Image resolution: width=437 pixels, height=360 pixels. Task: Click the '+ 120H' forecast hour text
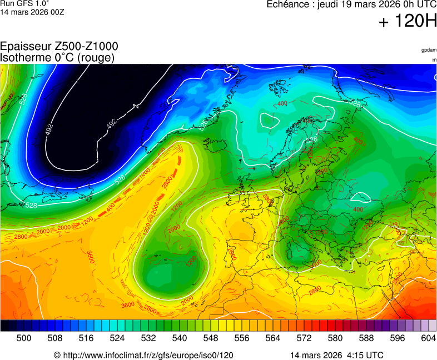tap(408, 22)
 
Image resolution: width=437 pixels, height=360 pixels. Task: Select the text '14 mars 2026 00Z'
tap(32, 12)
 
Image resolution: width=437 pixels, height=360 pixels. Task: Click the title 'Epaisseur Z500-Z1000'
tap(59, 47)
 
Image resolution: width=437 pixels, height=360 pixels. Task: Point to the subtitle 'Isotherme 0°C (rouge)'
tap(57, 58)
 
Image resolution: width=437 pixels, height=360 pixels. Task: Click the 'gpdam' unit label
tap(429, 50)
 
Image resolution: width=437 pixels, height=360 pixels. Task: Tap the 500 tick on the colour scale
tap(23, 338)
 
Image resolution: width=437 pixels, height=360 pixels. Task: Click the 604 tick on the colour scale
tap(428, 338)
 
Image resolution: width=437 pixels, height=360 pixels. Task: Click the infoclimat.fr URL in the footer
tap(143, 355)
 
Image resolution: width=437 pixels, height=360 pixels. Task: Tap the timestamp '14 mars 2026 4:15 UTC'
tap(336, 355)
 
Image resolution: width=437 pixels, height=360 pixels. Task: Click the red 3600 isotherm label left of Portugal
tap(90, 256)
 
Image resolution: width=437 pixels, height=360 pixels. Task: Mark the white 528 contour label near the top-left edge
tap(23, 99)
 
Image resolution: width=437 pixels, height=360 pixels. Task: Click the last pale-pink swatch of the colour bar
tap(432, 326)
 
